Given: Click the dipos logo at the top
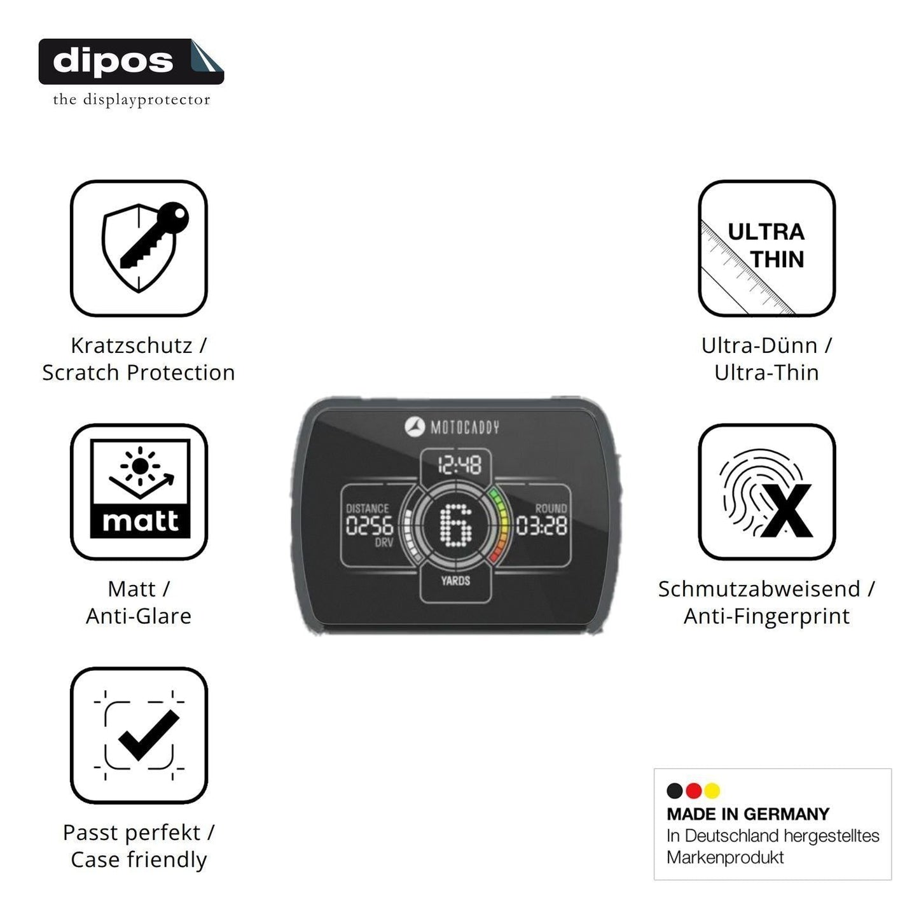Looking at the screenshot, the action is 131,62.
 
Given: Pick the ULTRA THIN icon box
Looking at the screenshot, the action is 767,248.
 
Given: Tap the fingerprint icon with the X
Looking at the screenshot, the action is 767,492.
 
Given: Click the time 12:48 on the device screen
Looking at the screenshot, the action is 460,464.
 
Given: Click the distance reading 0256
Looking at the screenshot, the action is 370,526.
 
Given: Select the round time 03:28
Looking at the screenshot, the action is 542,526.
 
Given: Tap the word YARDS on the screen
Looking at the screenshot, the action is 455,581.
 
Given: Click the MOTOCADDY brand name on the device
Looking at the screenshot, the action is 465,427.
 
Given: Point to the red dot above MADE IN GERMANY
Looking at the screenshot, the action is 693,791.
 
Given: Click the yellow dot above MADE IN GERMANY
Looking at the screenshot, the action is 712,791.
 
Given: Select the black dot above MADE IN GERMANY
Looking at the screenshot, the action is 674,791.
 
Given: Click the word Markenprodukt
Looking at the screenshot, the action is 725,857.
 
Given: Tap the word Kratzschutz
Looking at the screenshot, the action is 132,345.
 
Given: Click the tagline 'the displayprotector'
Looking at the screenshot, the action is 132,100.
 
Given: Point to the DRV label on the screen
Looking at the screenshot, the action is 384,542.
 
